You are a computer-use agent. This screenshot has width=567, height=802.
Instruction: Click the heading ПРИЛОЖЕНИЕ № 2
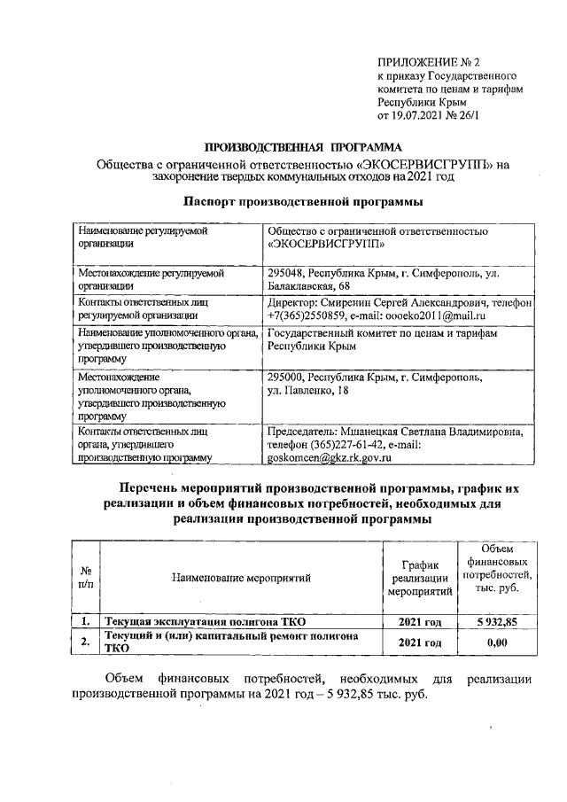(x=427, y=63)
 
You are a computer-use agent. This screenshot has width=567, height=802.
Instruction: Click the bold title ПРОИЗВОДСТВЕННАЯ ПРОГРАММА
(x=303, y=146)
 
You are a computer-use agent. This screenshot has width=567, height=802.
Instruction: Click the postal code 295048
(x=288, y=273)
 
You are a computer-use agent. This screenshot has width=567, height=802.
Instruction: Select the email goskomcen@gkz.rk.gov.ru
(x=329, y=458)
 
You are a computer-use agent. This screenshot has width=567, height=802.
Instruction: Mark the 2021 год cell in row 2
(x=421, y=642)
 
